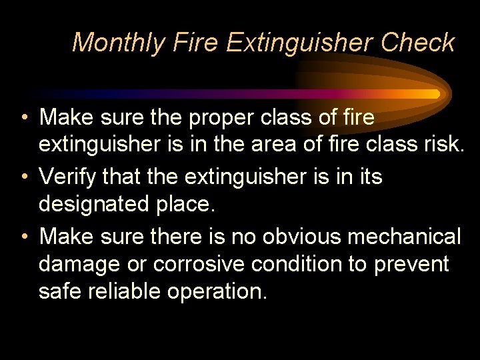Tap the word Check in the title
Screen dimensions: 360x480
418,43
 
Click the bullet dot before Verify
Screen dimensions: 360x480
23,178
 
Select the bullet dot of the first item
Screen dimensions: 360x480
23,117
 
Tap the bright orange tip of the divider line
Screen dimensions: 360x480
435,94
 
